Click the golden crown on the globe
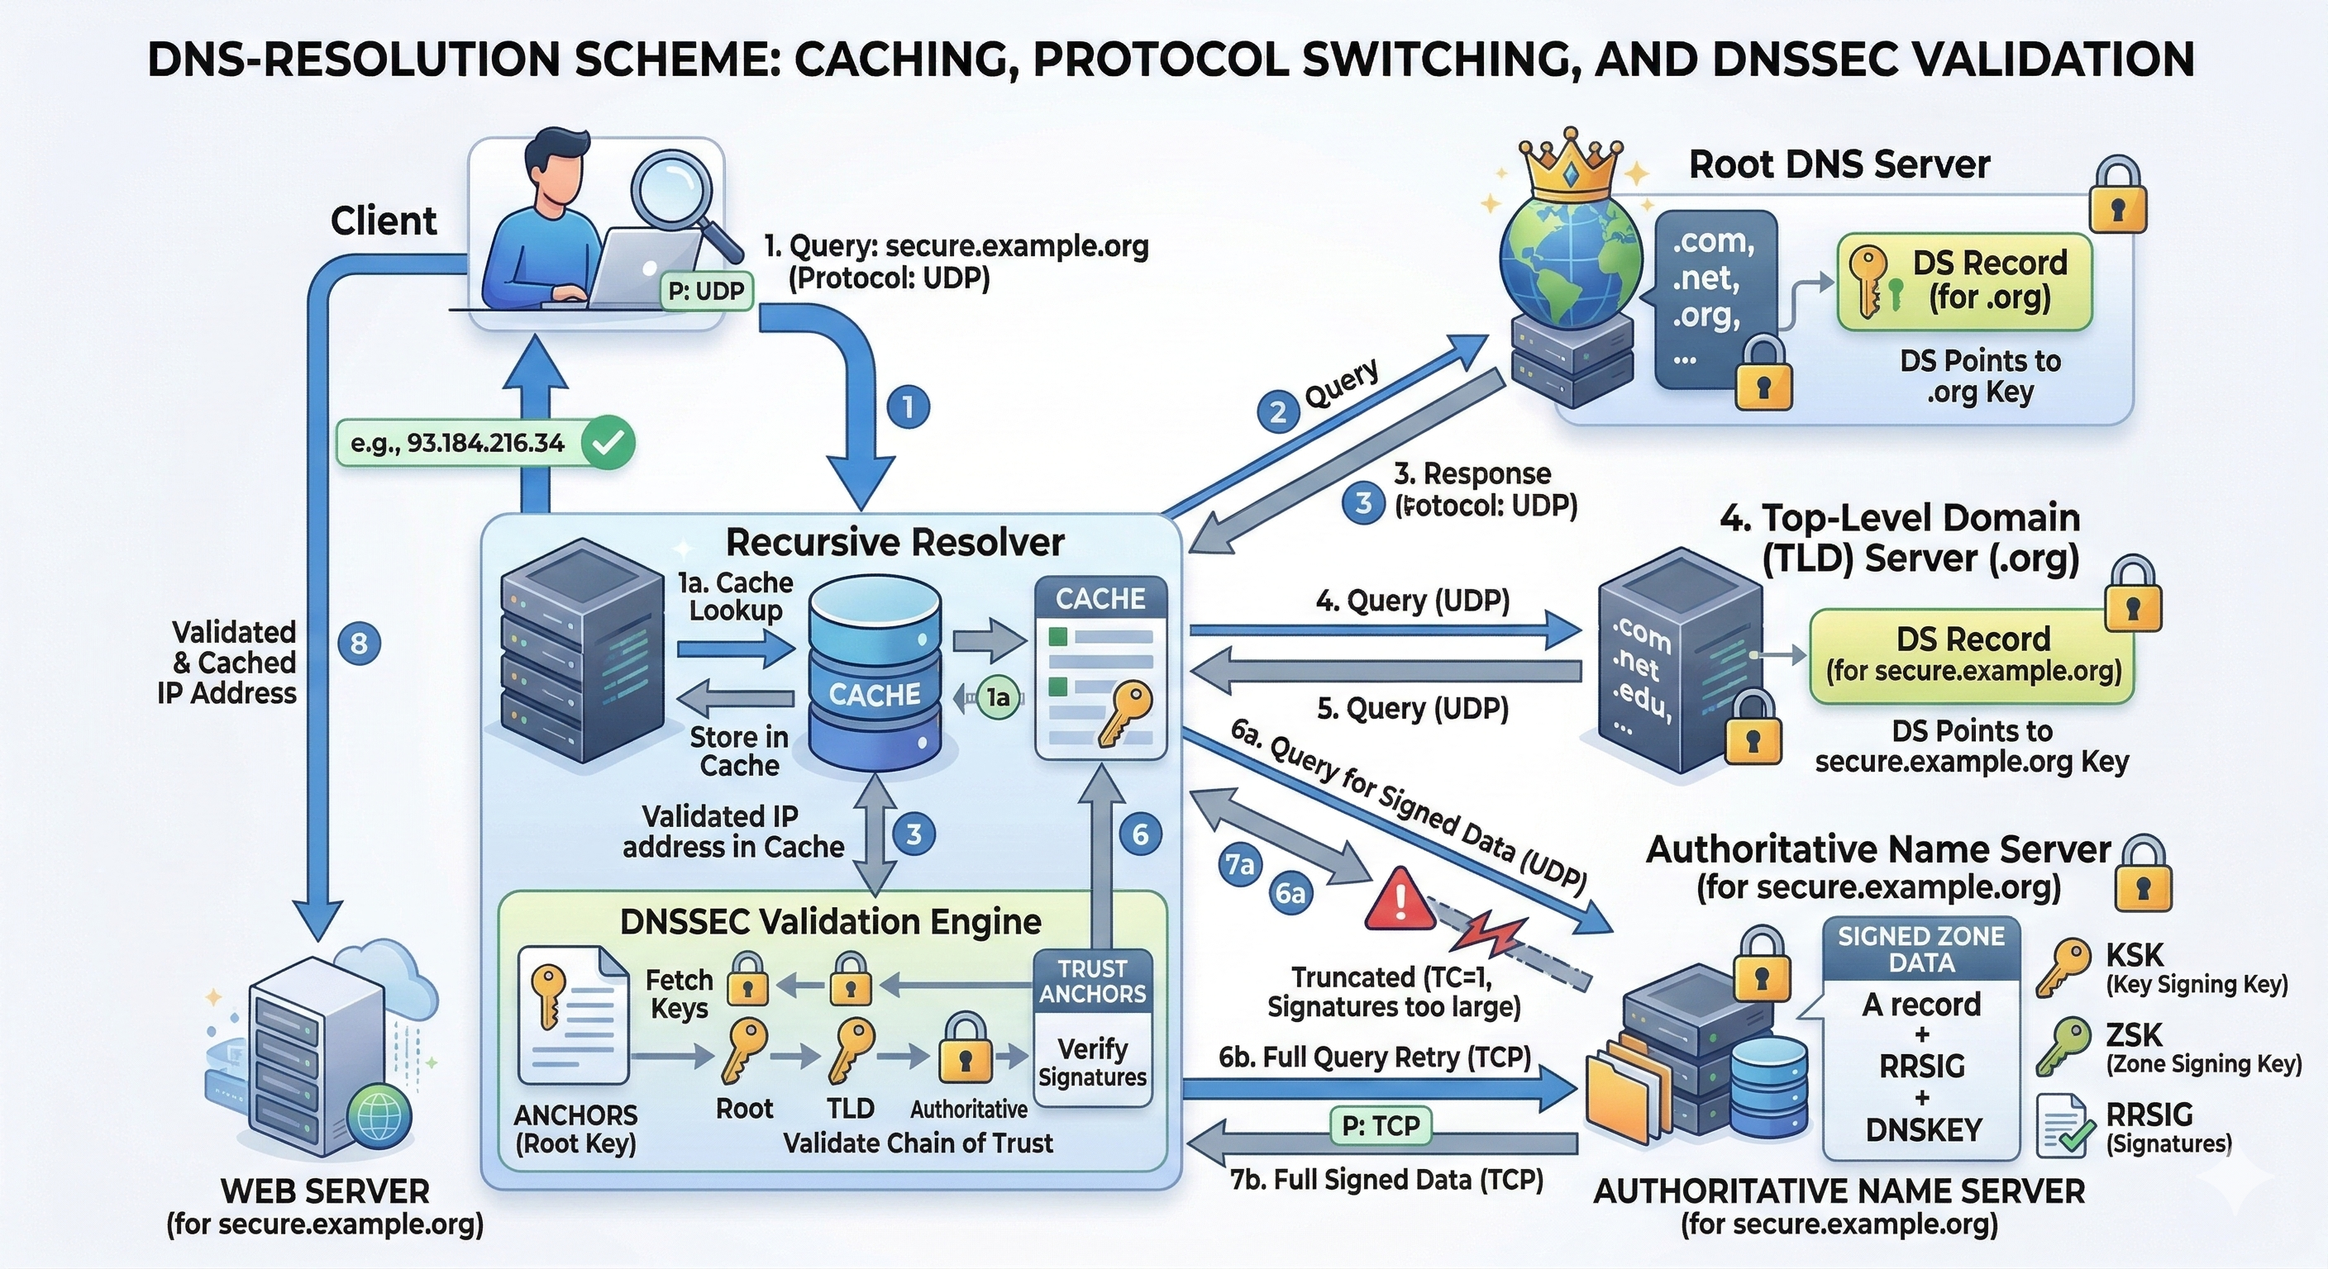pos(1569,168)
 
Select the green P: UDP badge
pos(707,292)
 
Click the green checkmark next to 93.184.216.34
pos(608,443)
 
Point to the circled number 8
pos(359,644)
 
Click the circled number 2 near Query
pos(1278,413)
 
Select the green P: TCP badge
pos(1381,1125)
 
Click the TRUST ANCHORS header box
pos(1093,981)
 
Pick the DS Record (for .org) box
pos(1965,281)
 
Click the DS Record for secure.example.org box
pos(1972,655)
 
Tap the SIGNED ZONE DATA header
pos(1921,949)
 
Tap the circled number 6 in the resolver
pos(1141,834)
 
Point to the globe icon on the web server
pos(378,1117)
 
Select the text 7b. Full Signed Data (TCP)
pos(1386,1180)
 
